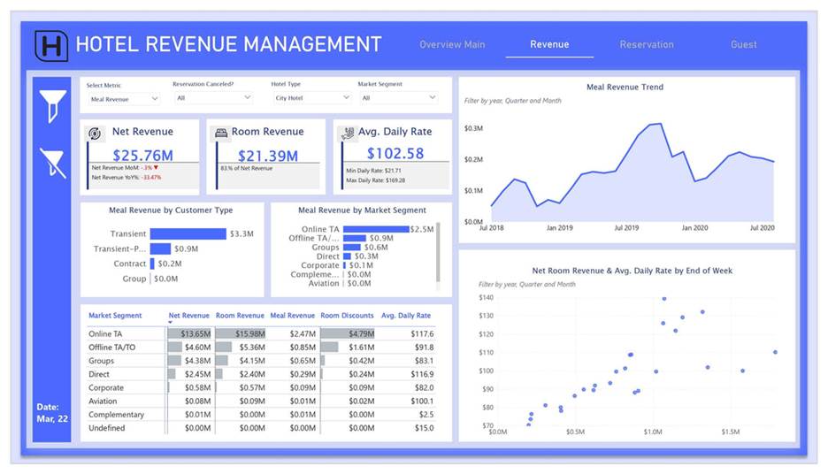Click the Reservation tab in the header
click(x=646, y=44)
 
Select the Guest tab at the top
click(x=743, y=44)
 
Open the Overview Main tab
click(x=452, y=44)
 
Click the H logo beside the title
click(x=51, y=45)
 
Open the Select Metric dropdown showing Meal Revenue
click(x=124, y=99)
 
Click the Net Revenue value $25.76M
click(x=142, y=155)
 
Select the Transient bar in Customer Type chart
click(x=188, y=234)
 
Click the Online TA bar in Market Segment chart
click(x=375, y=229)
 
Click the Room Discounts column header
click(x=347, y=316)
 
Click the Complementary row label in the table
click(x=116, y=415)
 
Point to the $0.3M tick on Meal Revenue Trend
click(x=473, y=128)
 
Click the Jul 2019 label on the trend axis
click(x=625, y=228)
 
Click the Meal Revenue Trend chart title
click(x=625, y=88)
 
